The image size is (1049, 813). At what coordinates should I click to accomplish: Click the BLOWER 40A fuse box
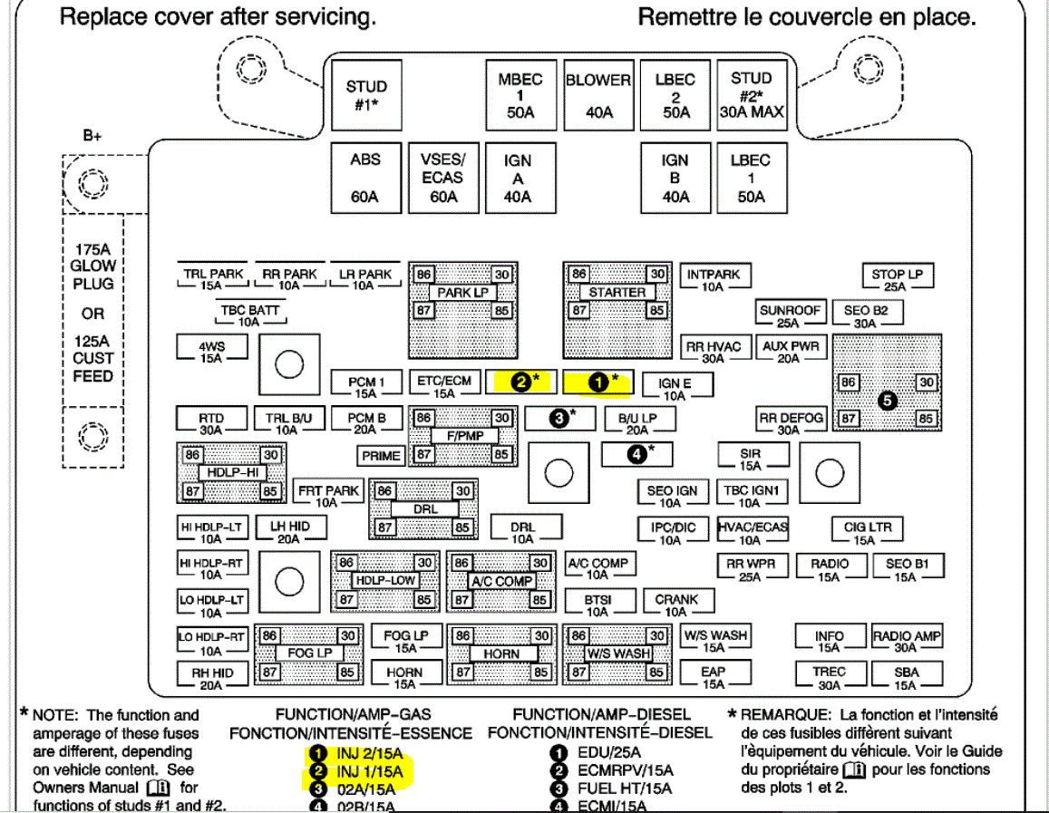tap(598, 95)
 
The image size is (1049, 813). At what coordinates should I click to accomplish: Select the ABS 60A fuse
tap(364, 178)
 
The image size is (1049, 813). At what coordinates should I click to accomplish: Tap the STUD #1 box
tap(366, 95)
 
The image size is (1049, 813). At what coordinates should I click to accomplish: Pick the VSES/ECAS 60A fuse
tap(442, 178)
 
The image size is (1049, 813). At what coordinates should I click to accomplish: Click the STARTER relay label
tap(617, 293)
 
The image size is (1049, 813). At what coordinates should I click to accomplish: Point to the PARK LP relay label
tap(462, 293)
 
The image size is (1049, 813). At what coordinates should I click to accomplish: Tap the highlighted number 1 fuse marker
tap(598, 382)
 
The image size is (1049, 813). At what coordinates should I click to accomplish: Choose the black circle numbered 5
tap(888, 401)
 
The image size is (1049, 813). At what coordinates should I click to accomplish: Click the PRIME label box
tap(381, 456)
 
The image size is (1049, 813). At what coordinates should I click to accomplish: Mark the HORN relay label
tap(501, 653)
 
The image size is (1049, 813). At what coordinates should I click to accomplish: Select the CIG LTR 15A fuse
tap(868, 533)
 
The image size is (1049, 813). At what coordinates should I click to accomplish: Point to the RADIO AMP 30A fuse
tap(906, 642)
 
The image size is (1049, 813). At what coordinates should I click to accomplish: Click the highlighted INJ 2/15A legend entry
tap(363, 752)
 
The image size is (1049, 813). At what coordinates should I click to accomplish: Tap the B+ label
tap(92, 137)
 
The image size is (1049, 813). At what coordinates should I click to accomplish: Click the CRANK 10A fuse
tap(676, 605)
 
